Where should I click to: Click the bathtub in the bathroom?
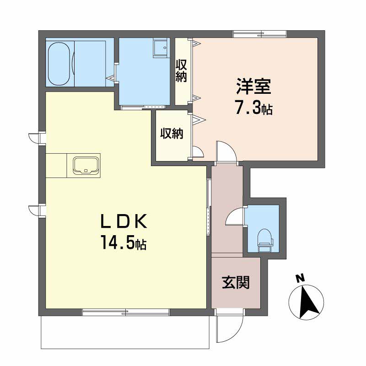[59, 64]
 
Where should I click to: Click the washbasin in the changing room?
[161, 48]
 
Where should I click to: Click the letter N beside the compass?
[300, 278]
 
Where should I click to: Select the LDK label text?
[124, 222]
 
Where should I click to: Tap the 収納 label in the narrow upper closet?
[182, 71]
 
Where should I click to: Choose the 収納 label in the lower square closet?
[172, 134]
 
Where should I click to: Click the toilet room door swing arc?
[235, 217]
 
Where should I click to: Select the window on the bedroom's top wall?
[259, 33]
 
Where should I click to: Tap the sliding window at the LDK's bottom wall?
[126, 312]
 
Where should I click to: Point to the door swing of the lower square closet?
[198, 152]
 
